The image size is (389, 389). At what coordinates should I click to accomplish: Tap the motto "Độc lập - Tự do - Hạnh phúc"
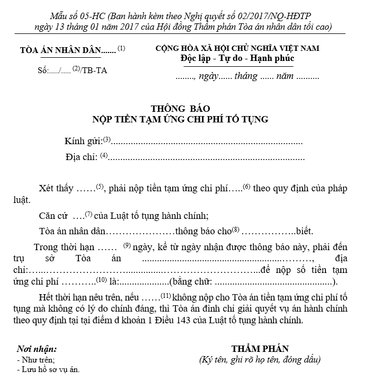[x=237, y=58]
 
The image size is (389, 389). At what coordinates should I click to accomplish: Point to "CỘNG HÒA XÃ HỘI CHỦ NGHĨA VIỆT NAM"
[x=237, y=48]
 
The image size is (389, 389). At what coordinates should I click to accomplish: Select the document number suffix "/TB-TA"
[x=94, y=70]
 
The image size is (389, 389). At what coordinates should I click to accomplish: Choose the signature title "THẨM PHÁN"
[x=260, y=349]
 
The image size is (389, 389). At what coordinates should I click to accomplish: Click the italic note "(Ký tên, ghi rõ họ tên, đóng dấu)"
[x=260, y=360]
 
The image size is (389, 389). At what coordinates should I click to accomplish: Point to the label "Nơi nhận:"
[x=37, y=349]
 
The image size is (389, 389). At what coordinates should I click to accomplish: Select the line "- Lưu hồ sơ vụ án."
[x=48, y=369]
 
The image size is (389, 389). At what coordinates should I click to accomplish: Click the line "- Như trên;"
[x=36, y=360]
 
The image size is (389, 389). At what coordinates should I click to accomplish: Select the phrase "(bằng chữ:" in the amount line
[x=190, y=281]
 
